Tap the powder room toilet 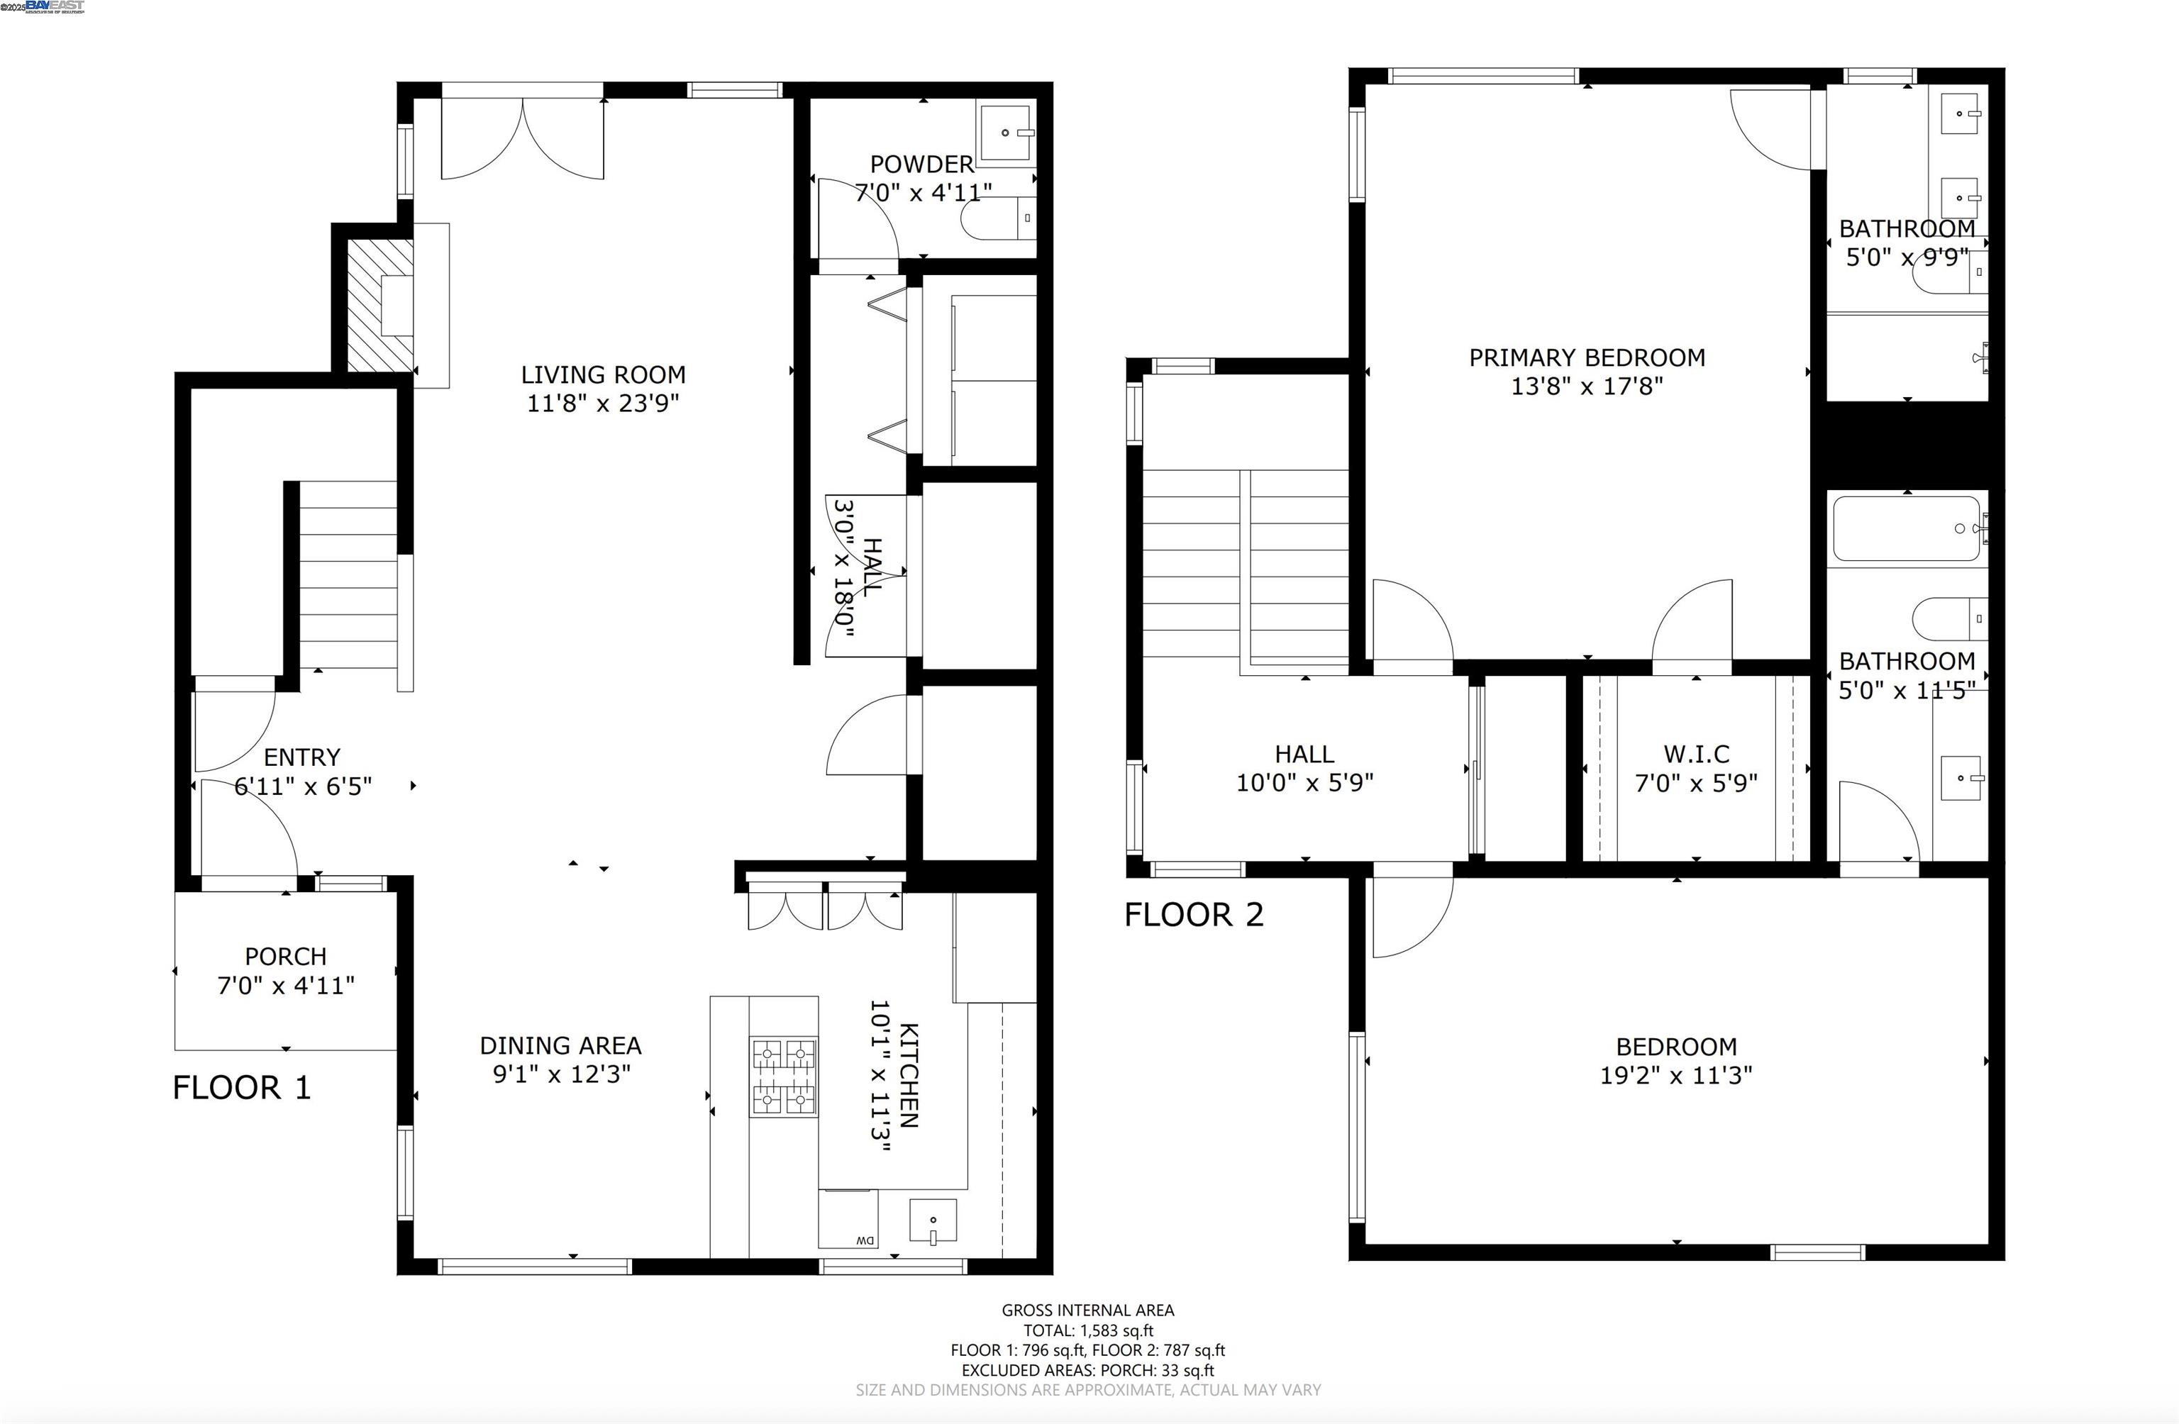click(x=999, y=218)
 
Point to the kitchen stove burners click(x=784, y=1077)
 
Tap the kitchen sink click(x=933, y=1222)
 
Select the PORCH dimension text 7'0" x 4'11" click(x=286, y=986)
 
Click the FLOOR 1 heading click(x=242, y=1087)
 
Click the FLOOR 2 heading click(x=1194, y=914)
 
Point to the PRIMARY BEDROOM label click(x=1587, y=357)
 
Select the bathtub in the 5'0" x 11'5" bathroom click(x=1907, y=529)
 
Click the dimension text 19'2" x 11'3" click(x=1676, y=1075)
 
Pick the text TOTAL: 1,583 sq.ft click(x=1089, y=1330)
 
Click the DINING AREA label click(x=560, y=1045)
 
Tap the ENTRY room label click(x=302, y=757)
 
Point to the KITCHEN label click(x=909, y=1075)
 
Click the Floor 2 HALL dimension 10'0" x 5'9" click(x=1304, y=782)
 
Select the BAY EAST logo click(x=55, y=6)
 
